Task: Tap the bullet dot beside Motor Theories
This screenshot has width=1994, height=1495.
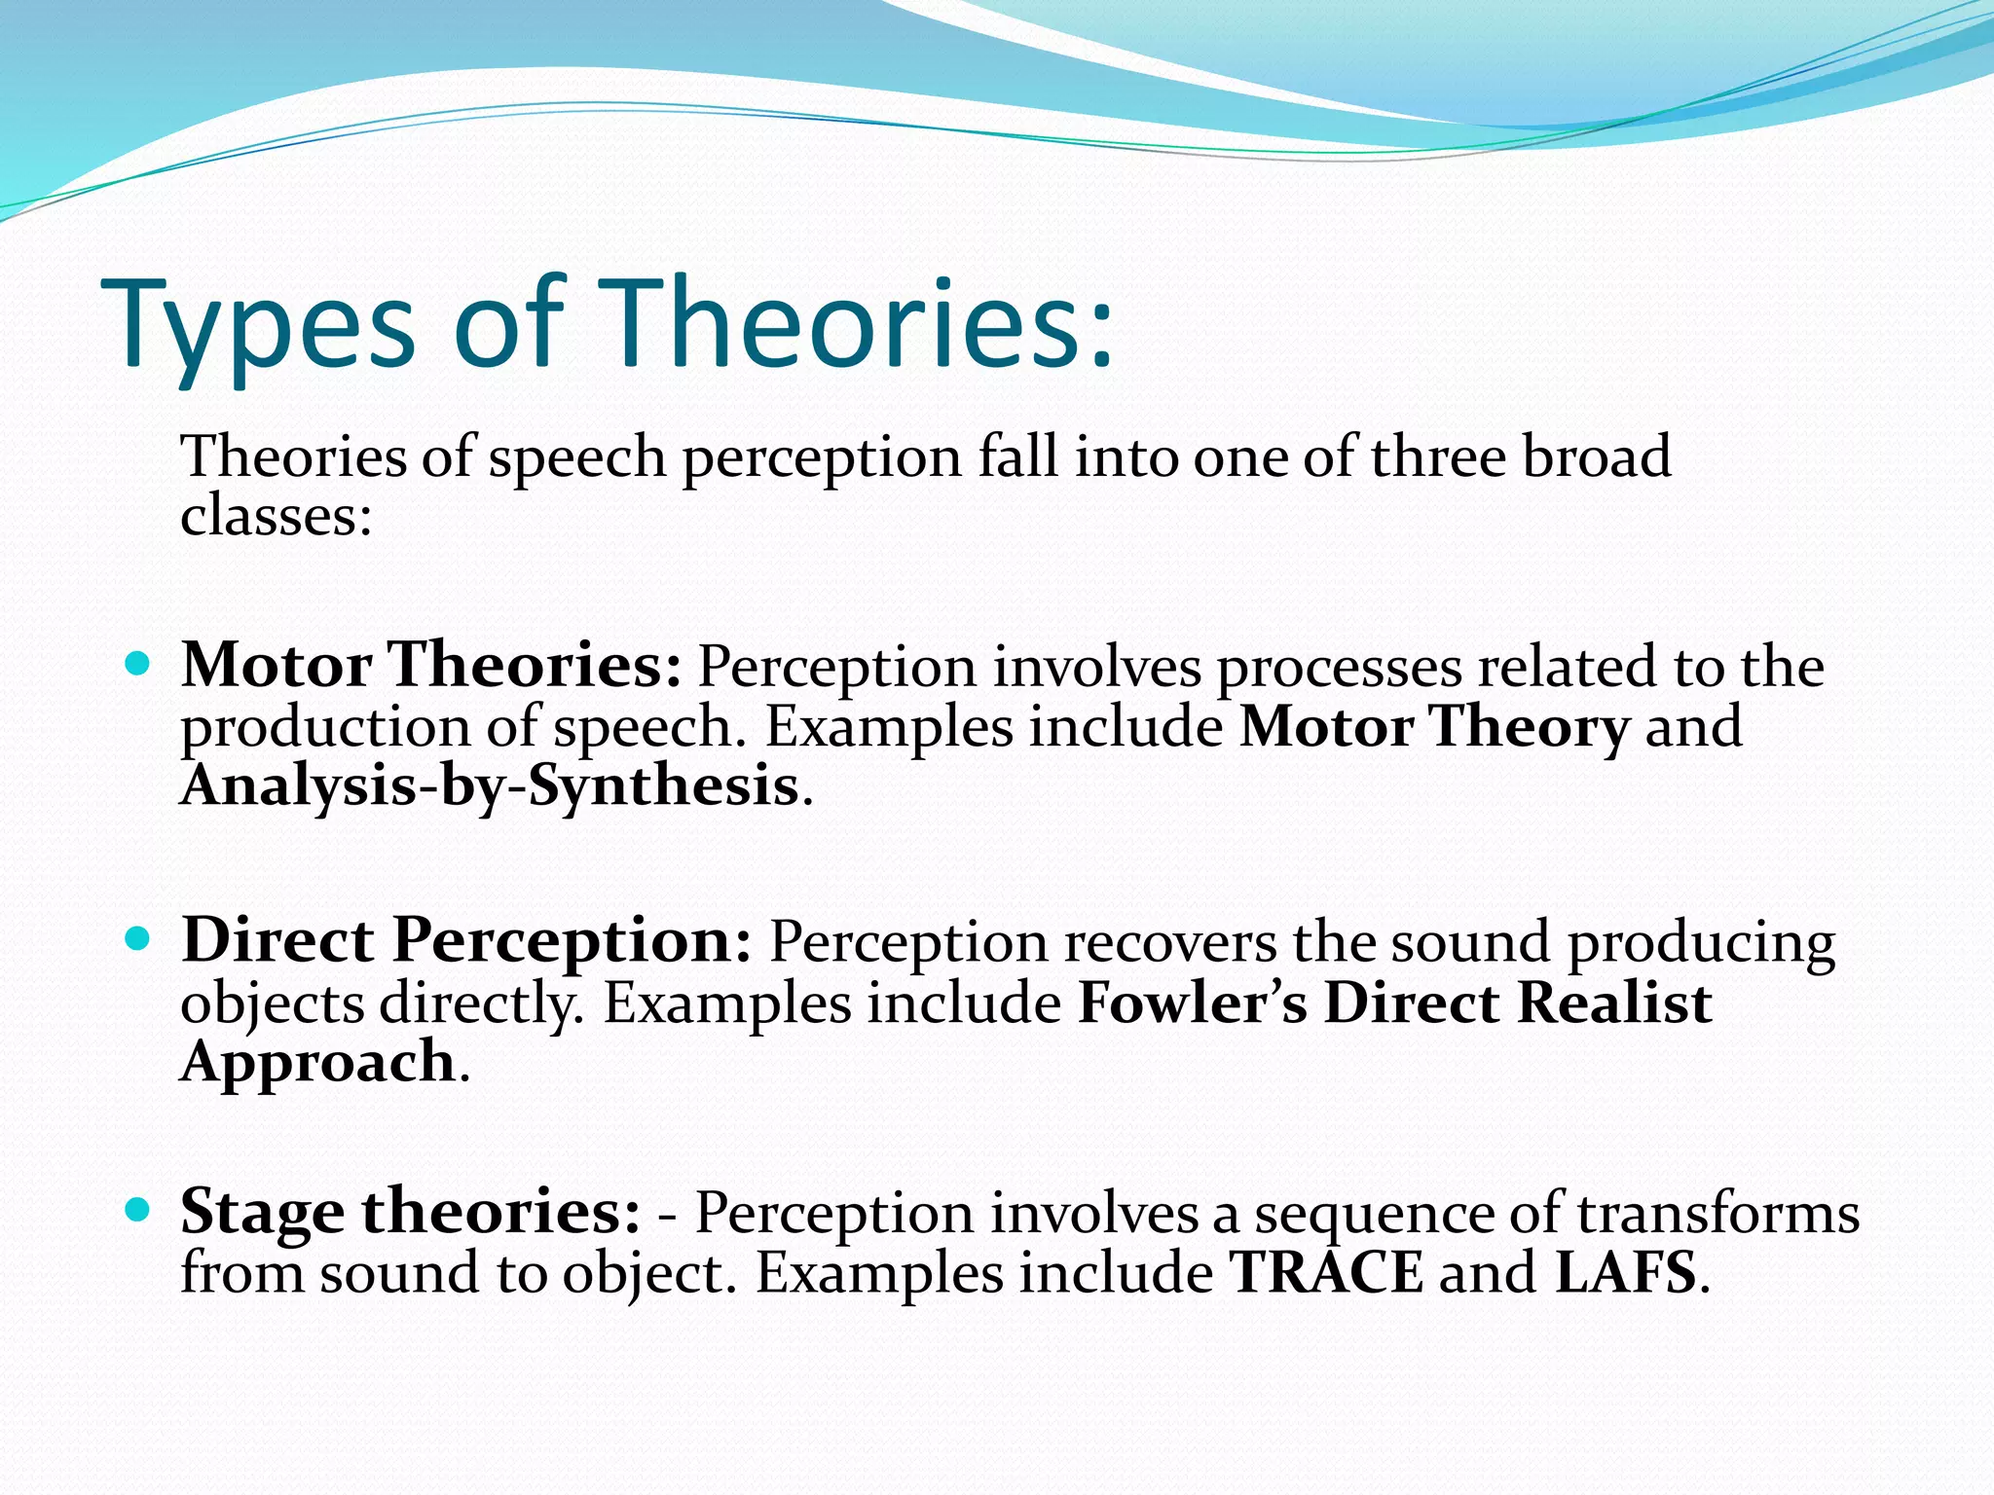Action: coord(138,666)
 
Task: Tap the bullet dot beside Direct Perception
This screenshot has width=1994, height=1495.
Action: coord(138,939)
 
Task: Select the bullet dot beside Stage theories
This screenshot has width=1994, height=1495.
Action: coord(138,1210)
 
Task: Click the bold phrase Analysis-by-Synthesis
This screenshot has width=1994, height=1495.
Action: coord(490,786)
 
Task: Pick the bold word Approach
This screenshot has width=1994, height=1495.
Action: coord(318,1061)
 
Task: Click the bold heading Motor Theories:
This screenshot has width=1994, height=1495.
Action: coord(431,666)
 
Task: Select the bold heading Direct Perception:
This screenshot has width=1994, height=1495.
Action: coord(466,941)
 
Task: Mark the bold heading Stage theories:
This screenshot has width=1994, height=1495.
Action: coord(410,1213)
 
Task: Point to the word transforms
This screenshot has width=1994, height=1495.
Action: coord(1717,1214)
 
